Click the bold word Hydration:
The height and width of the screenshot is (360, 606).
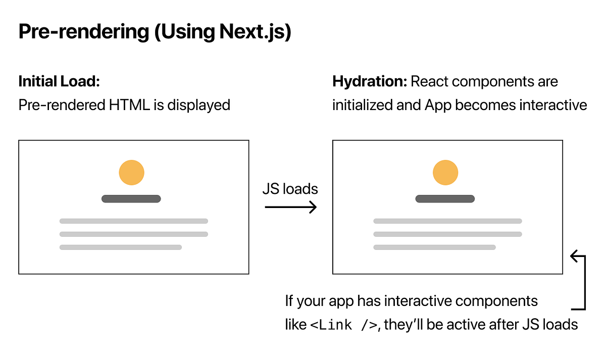tap(369, 81)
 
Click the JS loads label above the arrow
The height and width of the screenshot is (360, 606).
tap(290, 189)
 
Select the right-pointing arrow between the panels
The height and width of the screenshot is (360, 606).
tap(291, 207)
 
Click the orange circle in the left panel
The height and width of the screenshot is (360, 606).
tap(131, 172)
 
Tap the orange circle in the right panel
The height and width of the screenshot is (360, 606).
tap(445, 172)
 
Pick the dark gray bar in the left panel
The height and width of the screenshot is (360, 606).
tap(131, 199)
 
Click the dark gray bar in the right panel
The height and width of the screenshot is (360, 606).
tap(445, 199)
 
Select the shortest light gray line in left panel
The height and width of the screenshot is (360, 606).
tap(121, 247)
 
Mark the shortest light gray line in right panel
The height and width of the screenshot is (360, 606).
tap(434, 247)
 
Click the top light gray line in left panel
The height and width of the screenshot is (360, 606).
tap(134, 221)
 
